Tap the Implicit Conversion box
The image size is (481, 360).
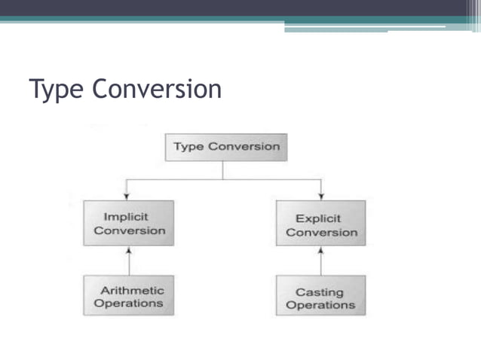pos(129,223)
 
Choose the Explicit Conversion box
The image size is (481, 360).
pos(320,224)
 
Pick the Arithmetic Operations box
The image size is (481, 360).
pos(129,296)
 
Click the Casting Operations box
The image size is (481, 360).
pos(320,297)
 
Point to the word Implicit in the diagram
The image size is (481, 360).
pos(126,216)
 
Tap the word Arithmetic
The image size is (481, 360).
pos(133,290)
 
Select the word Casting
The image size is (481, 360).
pos(320,291)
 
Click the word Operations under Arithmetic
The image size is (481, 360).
pos(129,304)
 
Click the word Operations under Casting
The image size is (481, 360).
pos(320,305)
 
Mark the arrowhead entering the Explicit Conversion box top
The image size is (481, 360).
pos(322,197)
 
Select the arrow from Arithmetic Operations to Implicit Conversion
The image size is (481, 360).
pos(129,261)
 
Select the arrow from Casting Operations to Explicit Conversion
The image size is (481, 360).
pos(322,261)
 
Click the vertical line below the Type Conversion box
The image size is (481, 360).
pos(223,170)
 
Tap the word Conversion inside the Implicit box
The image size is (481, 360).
pos(129,230)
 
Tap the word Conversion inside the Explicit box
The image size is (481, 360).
pos(320,232)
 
